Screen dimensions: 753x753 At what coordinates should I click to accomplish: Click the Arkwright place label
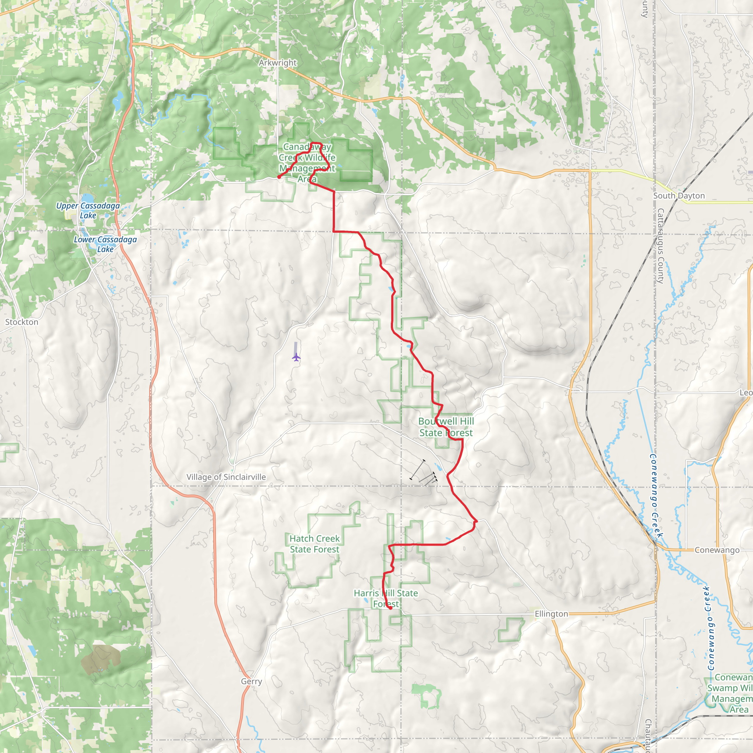(x=278, y=63)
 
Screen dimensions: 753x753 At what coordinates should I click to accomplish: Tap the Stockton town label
(x=22, y=322)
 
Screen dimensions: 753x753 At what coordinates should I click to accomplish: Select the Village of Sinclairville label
(x=226, y=477)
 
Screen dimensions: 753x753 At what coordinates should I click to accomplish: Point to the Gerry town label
(x=251, y=681)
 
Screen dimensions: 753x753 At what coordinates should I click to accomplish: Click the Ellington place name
(x=551, y=614)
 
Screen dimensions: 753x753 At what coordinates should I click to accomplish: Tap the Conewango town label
(x=717, y=550)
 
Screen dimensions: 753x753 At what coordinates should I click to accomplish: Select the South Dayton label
(x=679, y=196)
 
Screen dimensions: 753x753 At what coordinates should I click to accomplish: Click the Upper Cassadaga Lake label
(x=88, y=210)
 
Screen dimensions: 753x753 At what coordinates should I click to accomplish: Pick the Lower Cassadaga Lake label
(x=105, y=245)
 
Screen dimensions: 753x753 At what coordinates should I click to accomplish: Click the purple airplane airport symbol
(x=296, y=357)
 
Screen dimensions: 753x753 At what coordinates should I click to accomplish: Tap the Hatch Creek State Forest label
(x=314, y=544)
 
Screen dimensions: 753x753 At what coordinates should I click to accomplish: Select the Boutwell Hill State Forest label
(x=446, y=427)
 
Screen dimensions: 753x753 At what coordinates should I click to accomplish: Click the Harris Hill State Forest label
(x=386, y=599)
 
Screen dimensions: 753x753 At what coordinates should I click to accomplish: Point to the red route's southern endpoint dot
(x=390, y=608)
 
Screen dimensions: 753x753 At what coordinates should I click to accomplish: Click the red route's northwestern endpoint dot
(x=279, y=177)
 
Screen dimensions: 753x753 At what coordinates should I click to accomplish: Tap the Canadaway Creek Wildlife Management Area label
(x=307, y=163)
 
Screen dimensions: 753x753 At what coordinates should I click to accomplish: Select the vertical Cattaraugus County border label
(x=661, y=246)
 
